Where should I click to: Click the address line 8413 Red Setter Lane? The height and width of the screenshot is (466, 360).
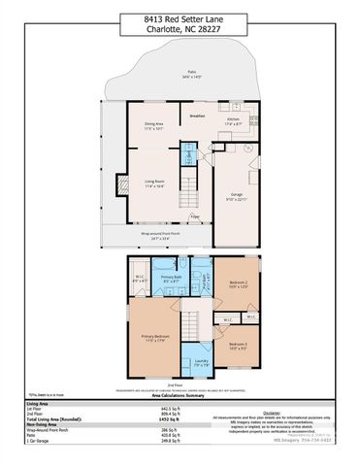pos(180,17)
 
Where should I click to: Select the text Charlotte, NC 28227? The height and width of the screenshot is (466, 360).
pos(180,28)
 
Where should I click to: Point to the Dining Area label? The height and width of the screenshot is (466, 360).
pos(153,124)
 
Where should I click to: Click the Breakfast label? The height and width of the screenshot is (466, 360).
pos(197,116)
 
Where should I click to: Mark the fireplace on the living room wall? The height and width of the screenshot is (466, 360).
pos(122,186)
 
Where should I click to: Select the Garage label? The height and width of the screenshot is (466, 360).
pos(238,196)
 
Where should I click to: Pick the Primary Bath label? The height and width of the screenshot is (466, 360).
pos(171,277)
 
